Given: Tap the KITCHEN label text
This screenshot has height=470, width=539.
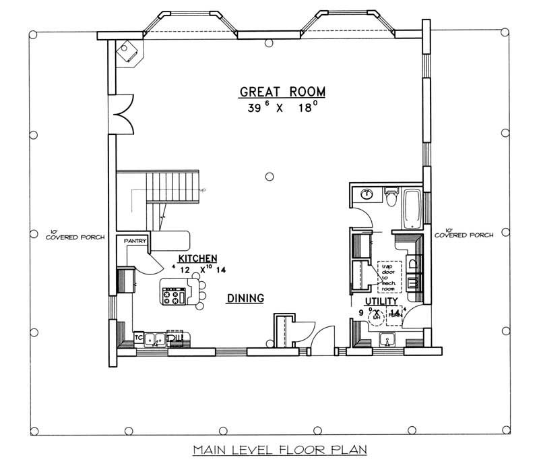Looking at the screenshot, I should click(x=197, y=258).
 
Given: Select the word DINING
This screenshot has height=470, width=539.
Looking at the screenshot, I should click(x=245, y=298).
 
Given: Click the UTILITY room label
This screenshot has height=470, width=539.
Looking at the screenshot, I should click(x=381, y=301).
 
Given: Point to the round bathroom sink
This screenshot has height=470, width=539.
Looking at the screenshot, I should click(x=367, y=195).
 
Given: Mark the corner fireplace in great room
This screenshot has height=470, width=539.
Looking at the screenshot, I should click(x=128, y=50).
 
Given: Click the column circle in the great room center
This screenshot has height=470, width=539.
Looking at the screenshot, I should click(x=269, y=177).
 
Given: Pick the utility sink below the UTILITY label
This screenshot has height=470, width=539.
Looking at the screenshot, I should click(x=387, y=340).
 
